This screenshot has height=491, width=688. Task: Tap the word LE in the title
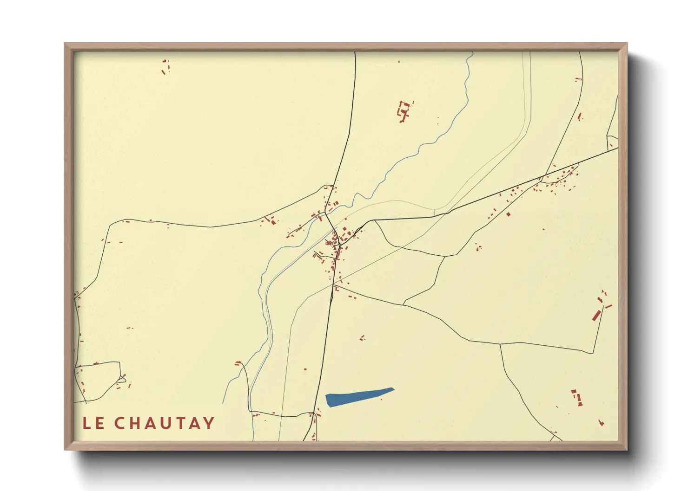[x=93, y=423]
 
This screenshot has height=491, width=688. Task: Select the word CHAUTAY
[x=164, y=423]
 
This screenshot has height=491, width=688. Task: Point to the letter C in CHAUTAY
[x=120, y=423]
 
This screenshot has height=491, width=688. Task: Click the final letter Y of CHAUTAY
[x=209, y=423]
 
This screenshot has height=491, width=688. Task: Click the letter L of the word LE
[x=87, y=423]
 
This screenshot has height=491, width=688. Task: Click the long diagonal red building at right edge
[x=596, y=315]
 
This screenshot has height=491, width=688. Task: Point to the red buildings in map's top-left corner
[x=165, y=67]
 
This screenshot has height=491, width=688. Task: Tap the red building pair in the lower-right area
[x=577, y=397]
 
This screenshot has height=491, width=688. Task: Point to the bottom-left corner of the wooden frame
[x=66, y=449]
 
